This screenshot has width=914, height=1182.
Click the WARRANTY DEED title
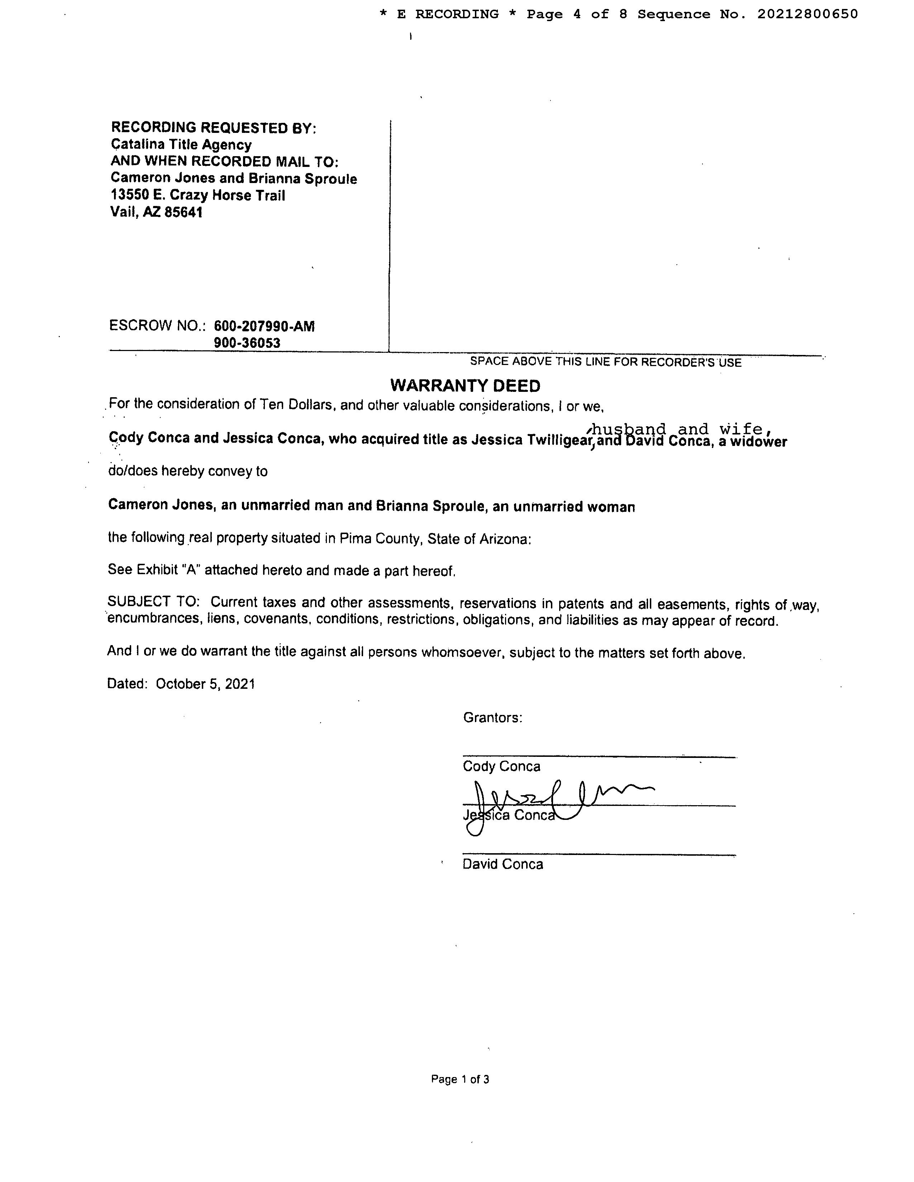[x=465, y=386]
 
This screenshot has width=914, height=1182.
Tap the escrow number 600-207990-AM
[x=264, y=326]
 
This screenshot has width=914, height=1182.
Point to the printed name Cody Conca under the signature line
[x=501, y=767]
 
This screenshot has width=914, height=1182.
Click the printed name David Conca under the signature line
[x=503, y=864]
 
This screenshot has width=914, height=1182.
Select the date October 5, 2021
[x=205, y=684]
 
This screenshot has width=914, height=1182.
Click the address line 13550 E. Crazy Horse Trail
[x=197, y=195]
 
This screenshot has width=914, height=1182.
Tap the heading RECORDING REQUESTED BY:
[x=213, y=128]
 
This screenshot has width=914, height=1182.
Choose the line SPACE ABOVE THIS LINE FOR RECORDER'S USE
[x=605, y=362]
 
